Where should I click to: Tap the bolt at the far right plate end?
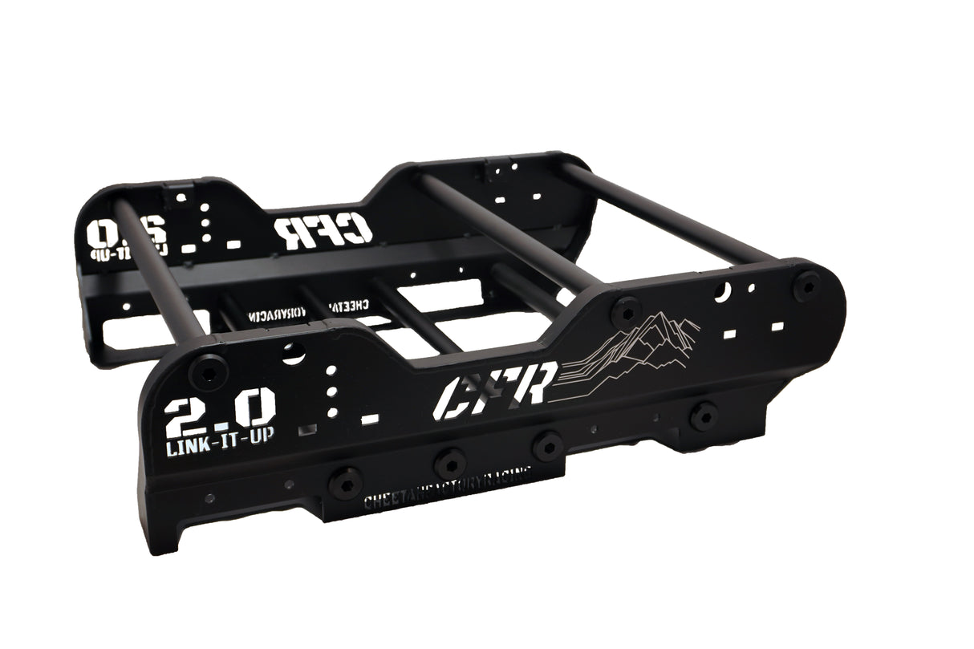pos(806,285)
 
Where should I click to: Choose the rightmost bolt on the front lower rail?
pos(704,416)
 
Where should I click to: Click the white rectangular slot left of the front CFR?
pos(370,419)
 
